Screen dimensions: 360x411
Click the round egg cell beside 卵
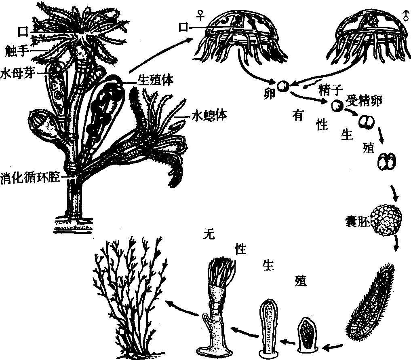[x=284, y=86]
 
